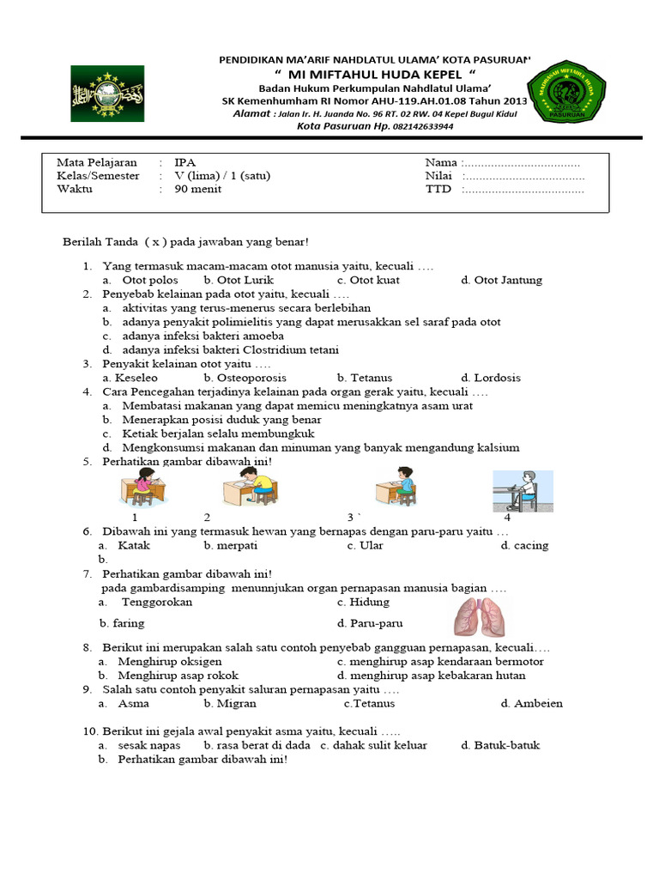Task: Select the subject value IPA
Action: pyautogui.click(x=184, y=162)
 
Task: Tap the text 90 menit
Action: pyautogui.click(x=197, y=190)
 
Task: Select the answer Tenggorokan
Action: pyautogui.click(x=157, y=602)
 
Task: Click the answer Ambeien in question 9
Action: pyautogui.click(x=538, y=704)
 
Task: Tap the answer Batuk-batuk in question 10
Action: pyautogui.click(x=506, y=745)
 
